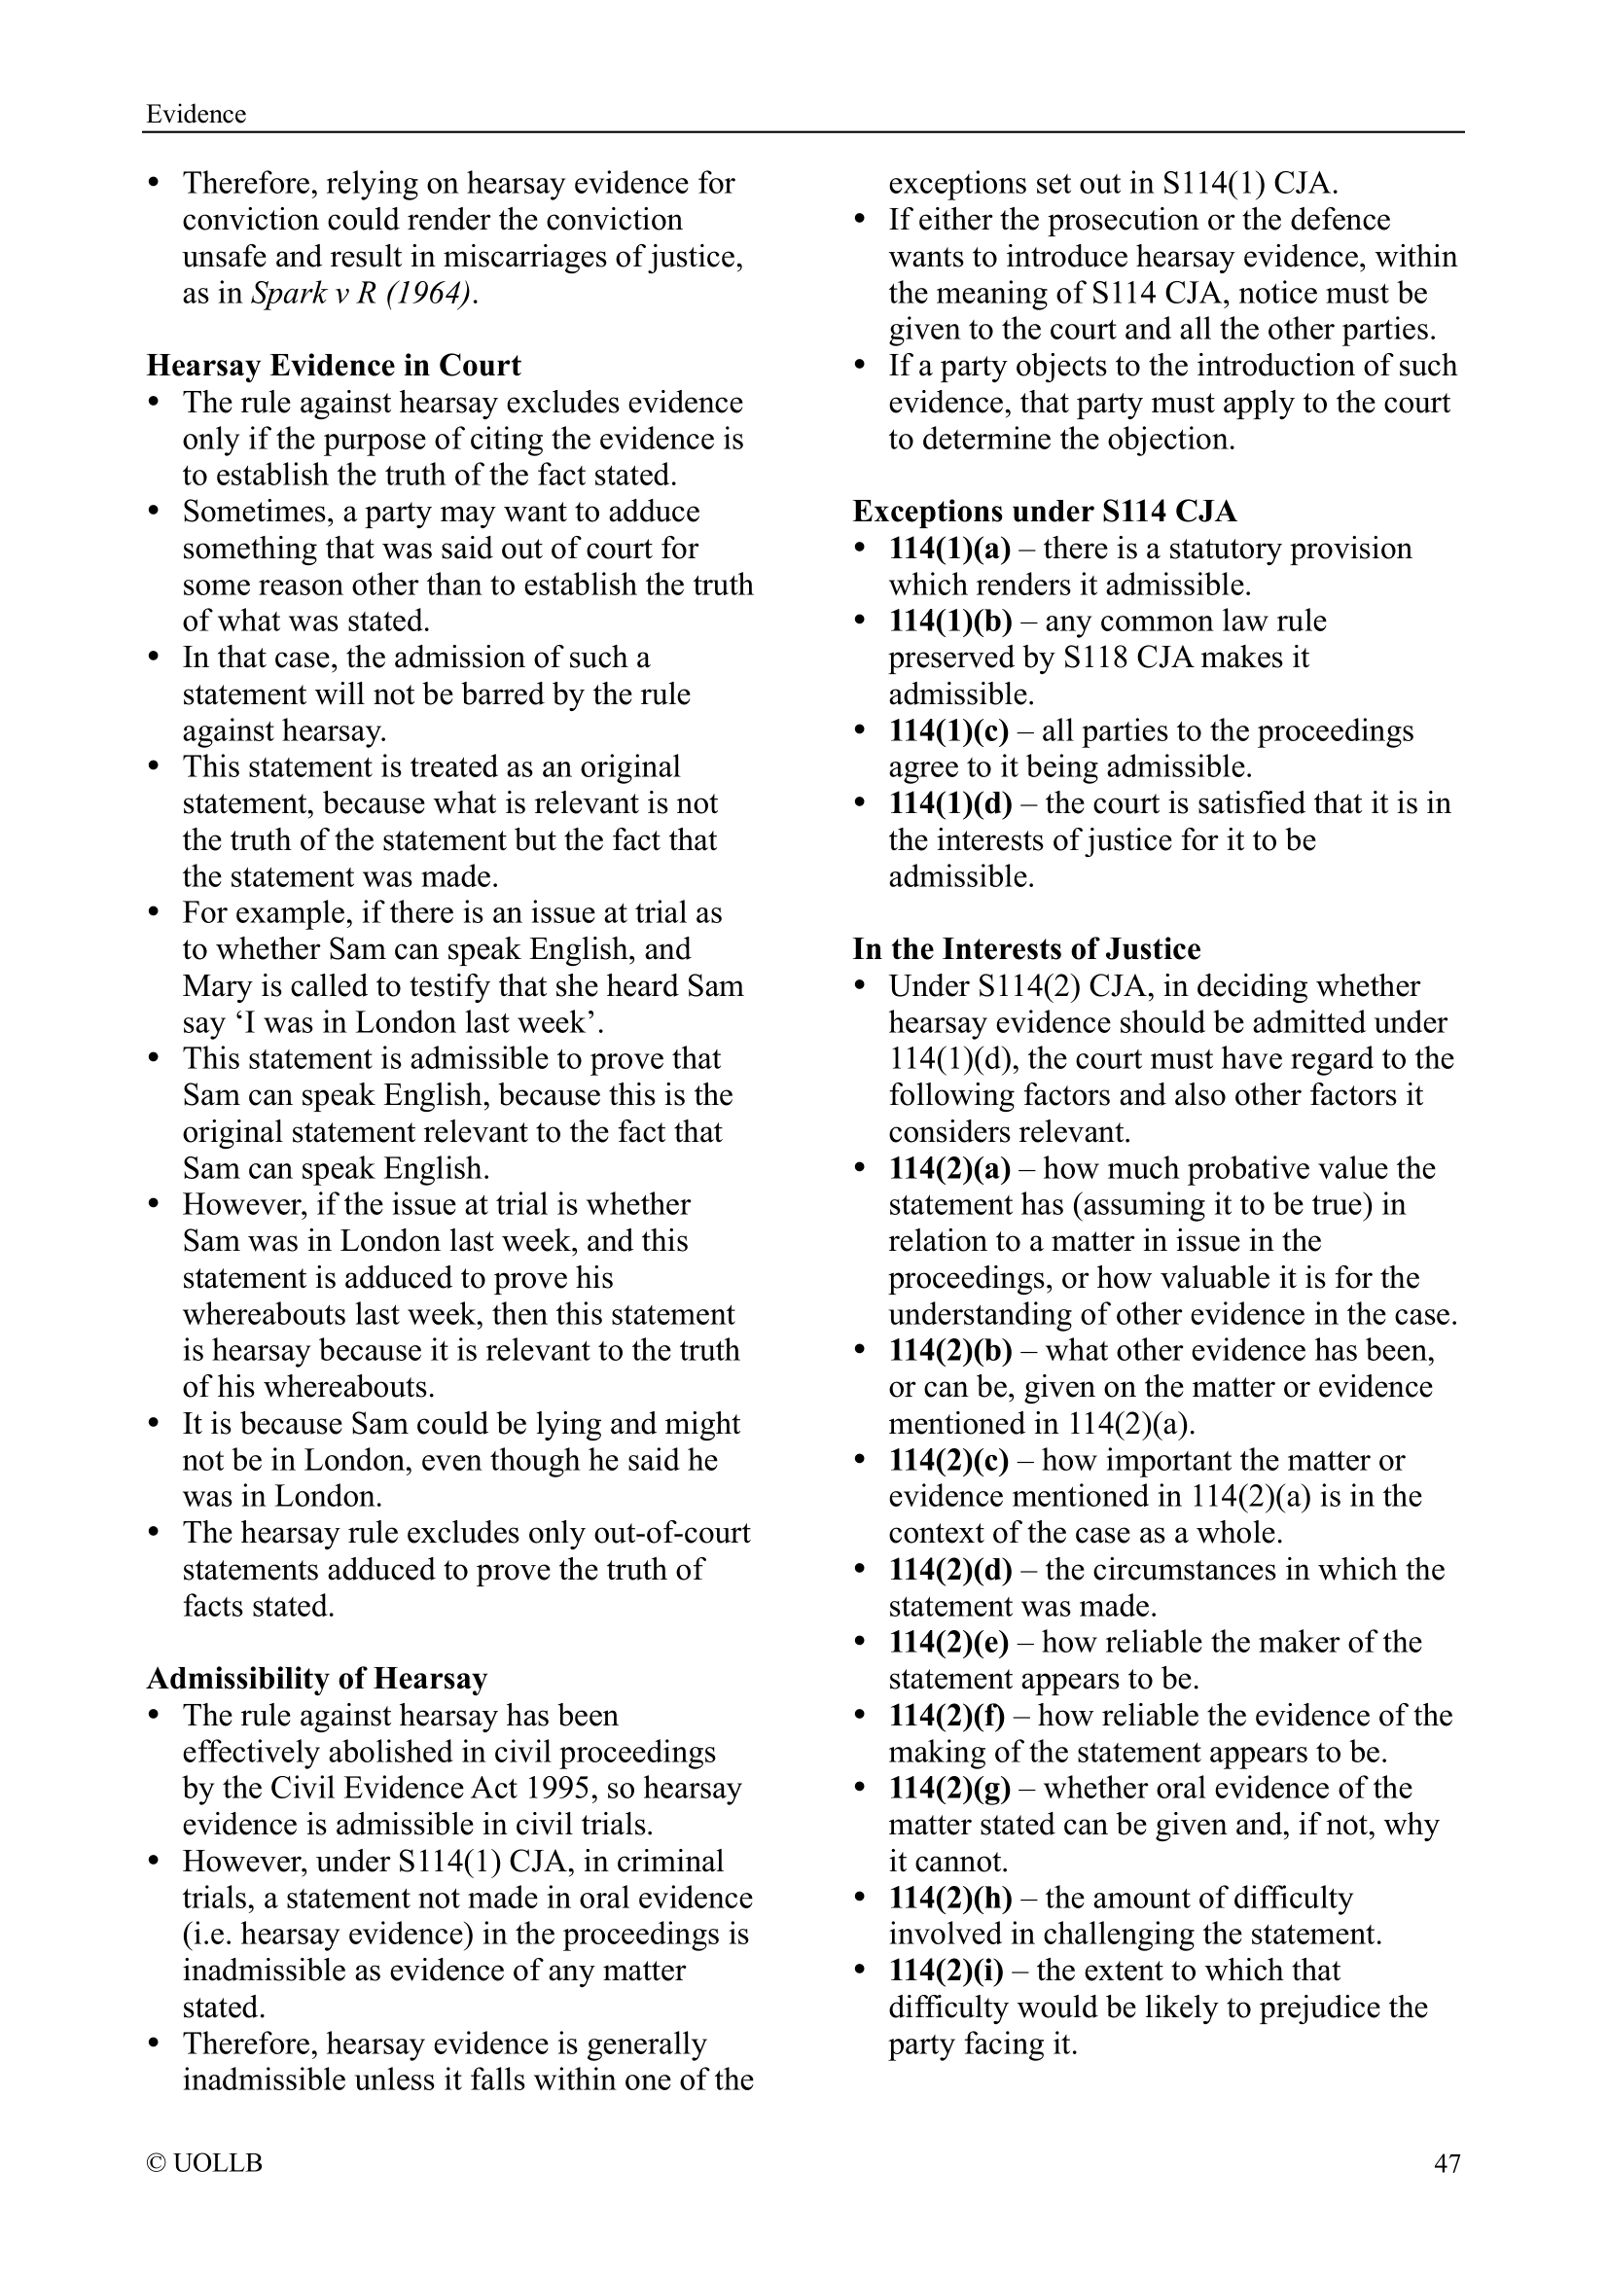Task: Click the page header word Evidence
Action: tap(196, 114)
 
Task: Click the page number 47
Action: tap(1447, 2163)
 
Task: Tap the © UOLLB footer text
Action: tap(204, 2163)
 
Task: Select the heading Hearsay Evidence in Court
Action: tap(333, 366)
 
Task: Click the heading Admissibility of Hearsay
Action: tap(317, 1679)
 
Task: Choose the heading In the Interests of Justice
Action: tap(1026, 949)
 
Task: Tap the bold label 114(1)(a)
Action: tap(949, 548)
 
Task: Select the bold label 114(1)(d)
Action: tap(950, 803)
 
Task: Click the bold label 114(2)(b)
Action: tap(950, 1351)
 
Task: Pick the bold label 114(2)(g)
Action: tap(949, 1789)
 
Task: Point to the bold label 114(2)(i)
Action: tap(946, 1971)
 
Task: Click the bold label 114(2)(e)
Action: tap(948, 1643)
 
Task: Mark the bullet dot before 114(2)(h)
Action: tap(862, 1900)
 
